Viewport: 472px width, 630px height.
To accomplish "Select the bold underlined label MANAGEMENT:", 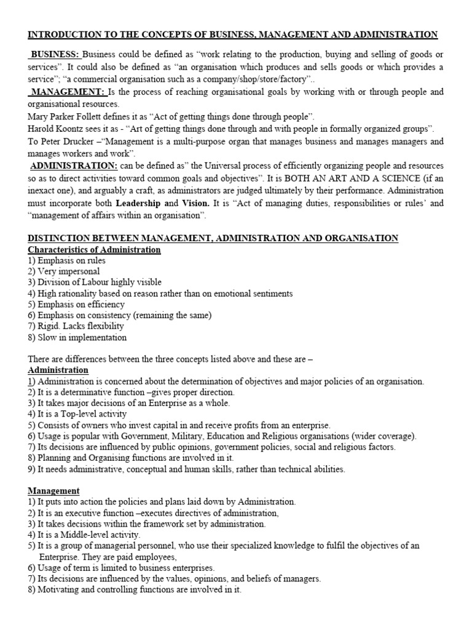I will [x=68, y=92].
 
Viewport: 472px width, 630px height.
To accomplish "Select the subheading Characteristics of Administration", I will [x=95, y=250].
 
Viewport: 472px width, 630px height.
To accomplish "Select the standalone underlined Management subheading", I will [x=54, y=491].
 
